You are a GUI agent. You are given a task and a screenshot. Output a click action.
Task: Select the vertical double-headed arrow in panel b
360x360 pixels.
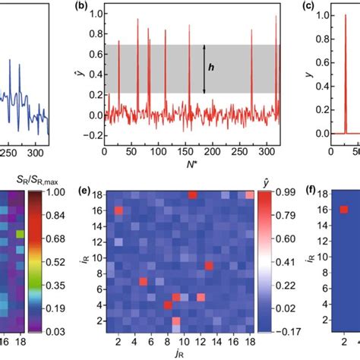coord(204,68)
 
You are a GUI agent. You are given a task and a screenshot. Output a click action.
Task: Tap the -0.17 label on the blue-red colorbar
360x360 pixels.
coord(289,331)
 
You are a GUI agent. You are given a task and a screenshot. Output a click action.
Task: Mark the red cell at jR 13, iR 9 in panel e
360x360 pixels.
coord(208,265)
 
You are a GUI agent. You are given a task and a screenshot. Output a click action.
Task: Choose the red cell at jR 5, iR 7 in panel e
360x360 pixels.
coord(143,281)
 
